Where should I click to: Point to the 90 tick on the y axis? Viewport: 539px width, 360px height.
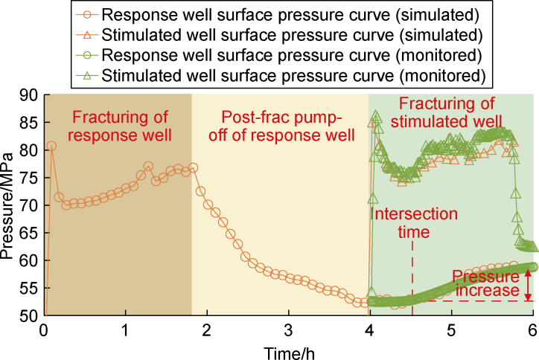(x=30, y=94)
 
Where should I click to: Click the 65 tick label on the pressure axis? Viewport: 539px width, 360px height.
(x=30, y=233)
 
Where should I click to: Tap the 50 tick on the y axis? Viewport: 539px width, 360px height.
(x=30, y=315)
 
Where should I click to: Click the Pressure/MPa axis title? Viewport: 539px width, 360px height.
(x=10, y=205)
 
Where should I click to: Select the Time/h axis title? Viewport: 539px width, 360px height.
(x=288, y=348)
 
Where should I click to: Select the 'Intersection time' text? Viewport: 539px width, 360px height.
(x=413, y=222)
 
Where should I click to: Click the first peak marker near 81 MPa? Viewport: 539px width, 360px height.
(x=51, y=146)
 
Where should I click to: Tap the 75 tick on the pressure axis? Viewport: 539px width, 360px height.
(x=30, y=178)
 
